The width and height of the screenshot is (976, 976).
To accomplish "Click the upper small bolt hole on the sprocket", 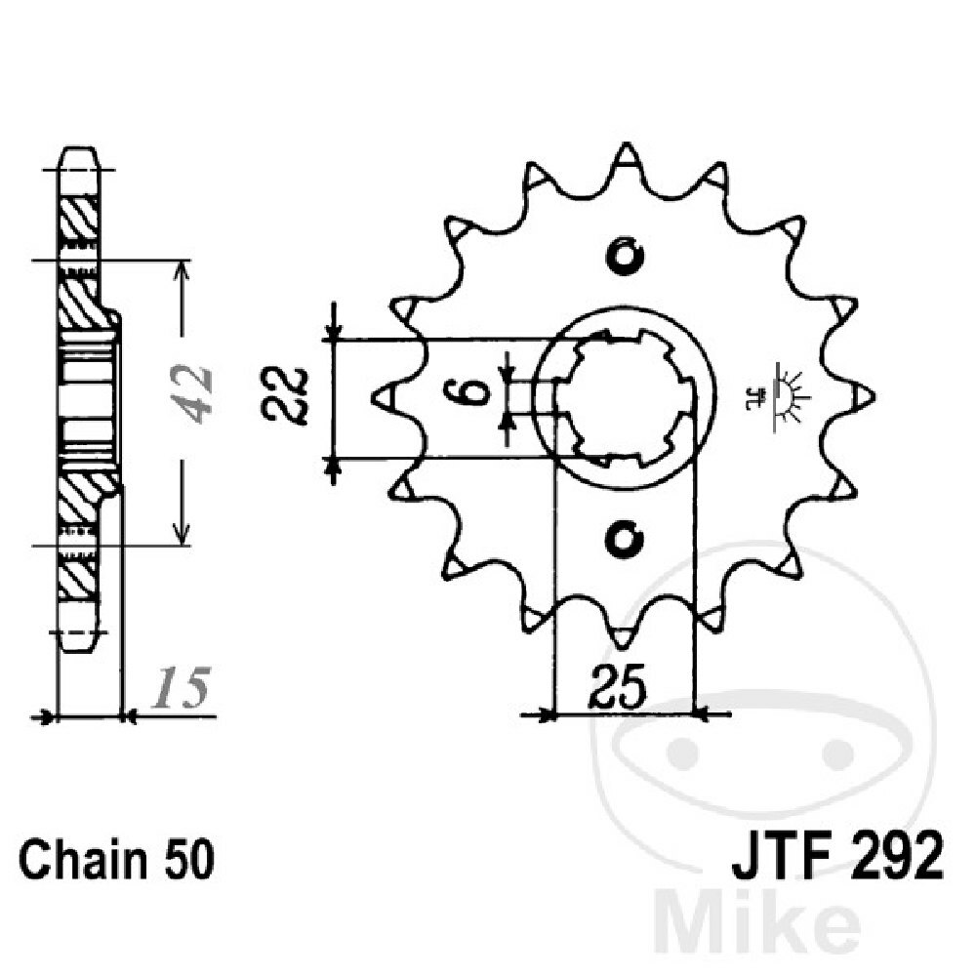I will point(624,256).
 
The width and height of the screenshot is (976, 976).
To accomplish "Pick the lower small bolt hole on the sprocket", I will point(624,536).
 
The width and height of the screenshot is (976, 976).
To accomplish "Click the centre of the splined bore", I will point(624,395).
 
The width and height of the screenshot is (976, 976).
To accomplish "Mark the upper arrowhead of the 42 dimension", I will point(181,270).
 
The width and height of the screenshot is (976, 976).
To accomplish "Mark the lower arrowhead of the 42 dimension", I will point(181,534).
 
